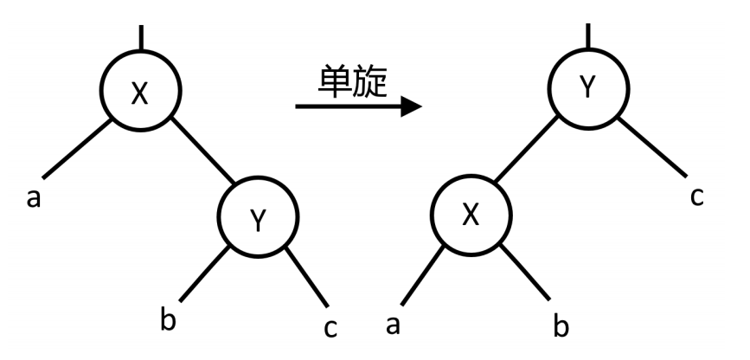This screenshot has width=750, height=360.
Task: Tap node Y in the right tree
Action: click(x=587, y=87)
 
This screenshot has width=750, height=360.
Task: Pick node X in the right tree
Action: click(x=470, y=215)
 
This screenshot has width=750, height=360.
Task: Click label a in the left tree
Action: click(x=34, y=198)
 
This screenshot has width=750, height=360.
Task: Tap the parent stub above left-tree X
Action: click(x=139, y=36)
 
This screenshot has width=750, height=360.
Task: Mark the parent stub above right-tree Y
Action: click(x=588, y=35)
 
